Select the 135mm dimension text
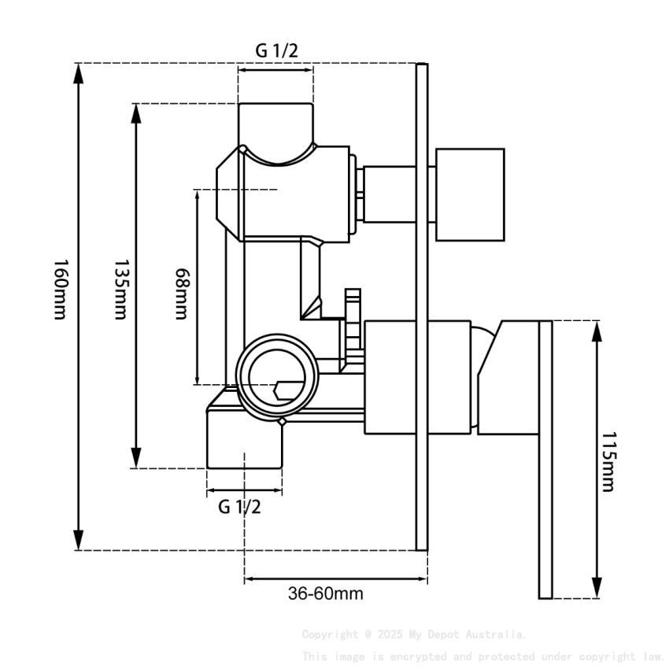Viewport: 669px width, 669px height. [x=120, y=289]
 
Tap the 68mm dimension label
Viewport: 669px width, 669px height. [x=181, y=293]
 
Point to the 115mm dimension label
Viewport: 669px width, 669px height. [x=607, y=460]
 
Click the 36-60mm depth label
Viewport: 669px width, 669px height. [x=325, y=593]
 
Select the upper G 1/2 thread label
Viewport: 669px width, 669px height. [x=276, y=50]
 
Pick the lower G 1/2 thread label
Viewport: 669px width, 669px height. [x=239, y=506]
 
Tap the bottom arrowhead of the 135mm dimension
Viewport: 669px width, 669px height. [x=136, y=457]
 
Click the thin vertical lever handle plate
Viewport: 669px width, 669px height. [x=545, y=460]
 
